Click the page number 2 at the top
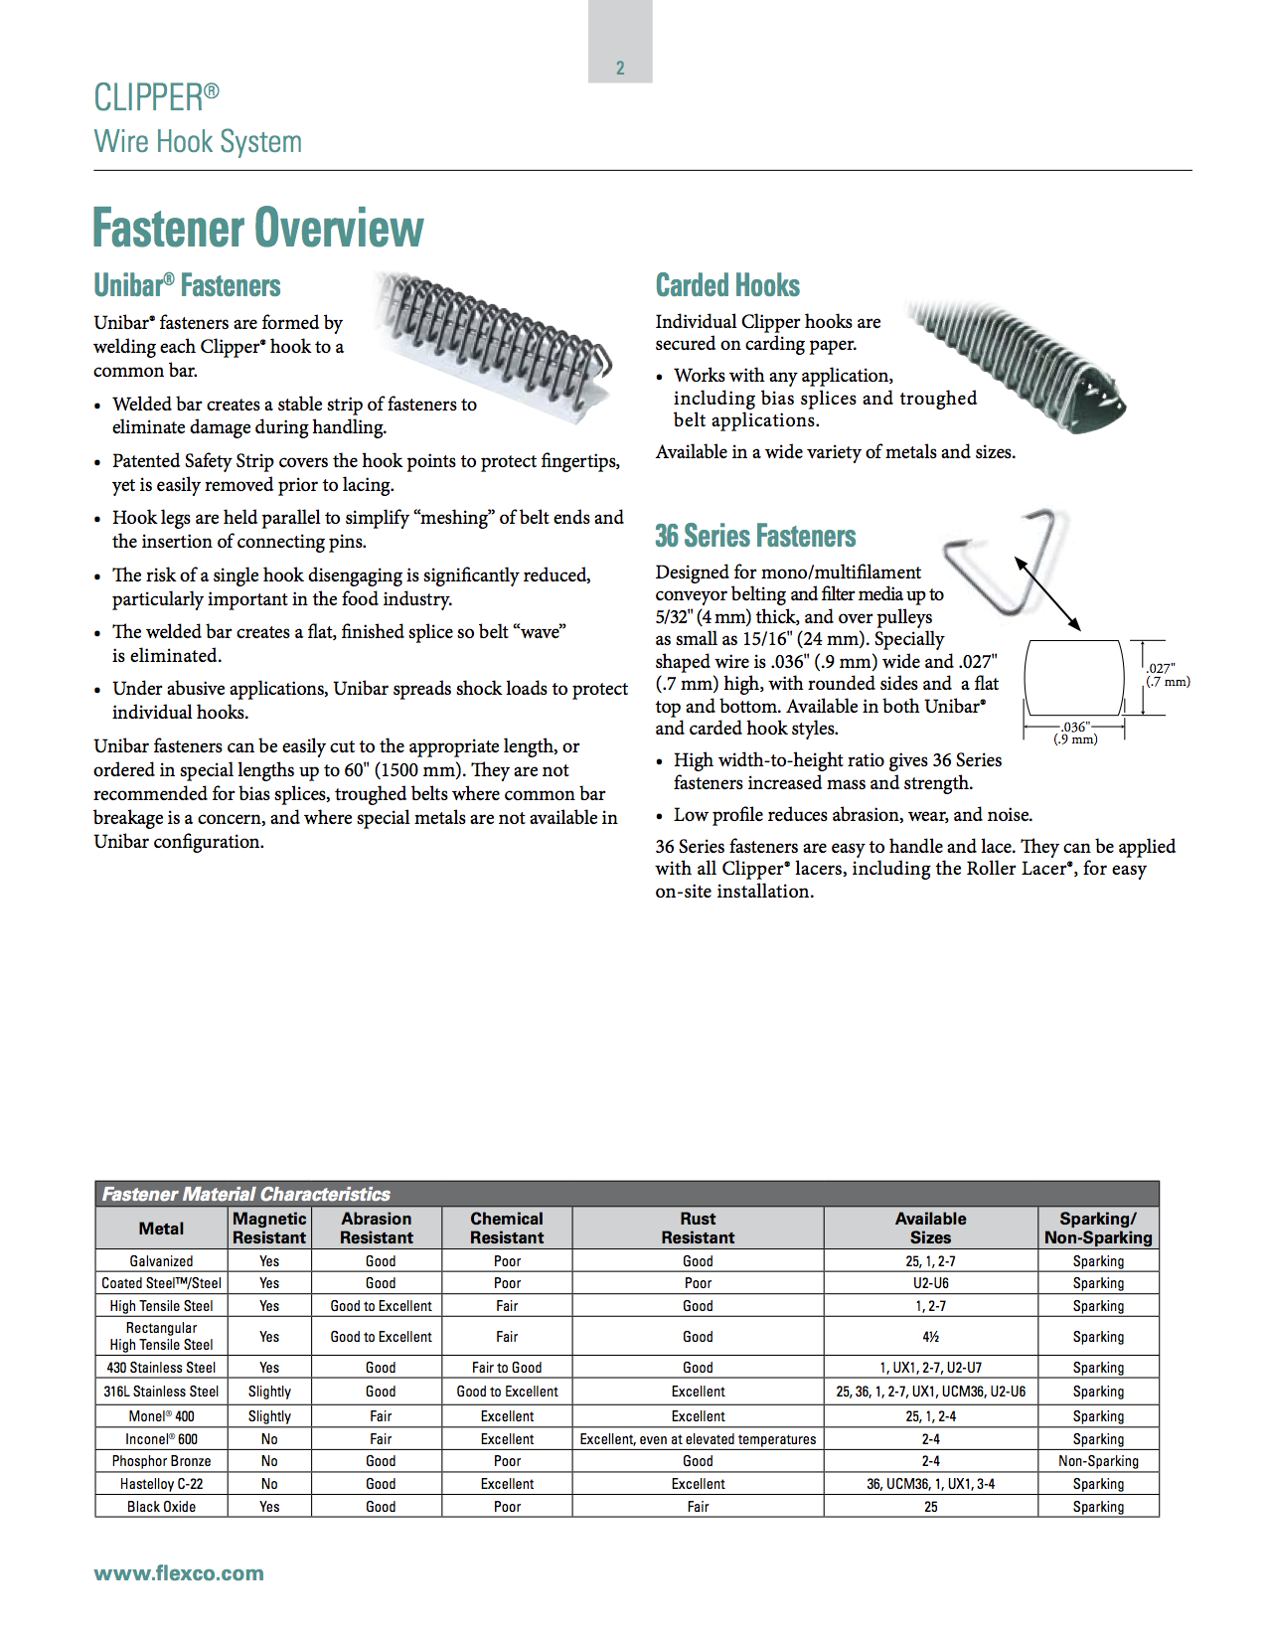[620, 68]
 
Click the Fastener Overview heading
[258, 228]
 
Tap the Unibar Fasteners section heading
[187, 286]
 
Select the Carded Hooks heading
[727, 286]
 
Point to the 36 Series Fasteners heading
[755, 537]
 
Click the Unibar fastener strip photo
[497, 343]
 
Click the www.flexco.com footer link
[179, 1573]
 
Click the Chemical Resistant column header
[507, 1229]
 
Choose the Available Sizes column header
[930, 1229]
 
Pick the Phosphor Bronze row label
[161, 1461]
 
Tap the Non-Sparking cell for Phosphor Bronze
[1098, 1461]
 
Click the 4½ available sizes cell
[930, 1337]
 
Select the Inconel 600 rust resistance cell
[698, 1439]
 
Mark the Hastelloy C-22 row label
[161, 1484]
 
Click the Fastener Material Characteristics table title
[246, 1194]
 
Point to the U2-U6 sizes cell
[930, 1283]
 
